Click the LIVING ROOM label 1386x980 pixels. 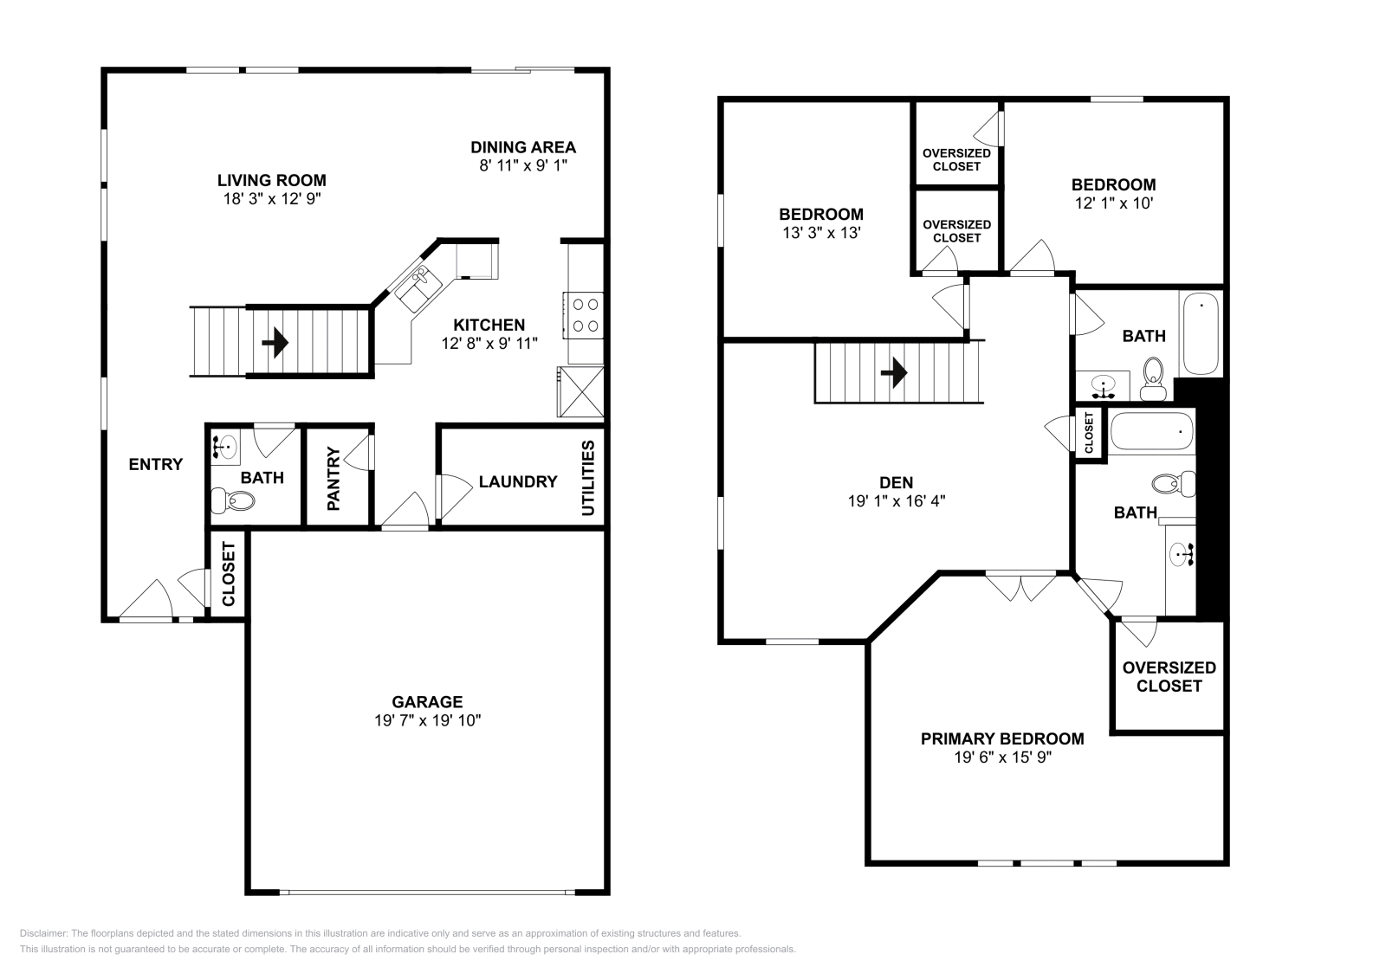[x=271, y=180]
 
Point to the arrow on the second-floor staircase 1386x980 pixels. [x=894, y=373]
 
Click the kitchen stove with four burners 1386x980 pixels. [x=585, y=315]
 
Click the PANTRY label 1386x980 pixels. [x=334, y=478]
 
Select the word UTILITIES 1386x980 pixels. [x=588, y=478]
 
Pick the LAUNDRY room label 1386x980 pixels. [x=517, y=481]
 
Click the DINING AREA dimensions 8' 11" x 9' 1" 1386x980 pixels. [x=523, y=164]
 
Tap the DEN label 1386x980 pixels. [x=896, y=482]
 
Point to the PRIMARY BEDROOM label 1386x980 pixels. [x=1001, y=738]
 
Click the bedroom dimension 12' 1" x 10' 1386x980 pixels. [x=1113, y=203]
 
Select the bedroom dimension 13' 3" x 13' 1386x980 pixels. [x=820, y=233]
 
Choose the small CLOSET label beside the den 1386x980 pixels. [x=1089, y=431]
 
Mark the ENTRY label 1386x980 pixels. [x=156, y=464]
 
